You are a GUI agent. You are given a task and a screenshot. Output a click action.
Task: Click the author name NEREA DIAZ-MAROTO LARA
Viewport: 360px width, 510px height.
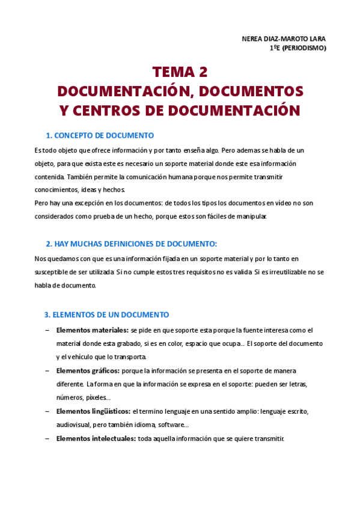pyautogui.click(x=283, y=39)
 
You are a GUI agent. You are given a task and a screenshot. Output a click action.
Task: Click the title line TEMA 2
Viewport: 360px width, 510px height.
pyautogui.click(x=180, y=72)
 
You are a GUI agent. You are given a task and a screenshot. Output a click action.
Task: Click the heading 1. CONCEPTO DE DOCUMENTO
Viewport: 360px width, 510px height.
pyautogui.click(x=100, y=135)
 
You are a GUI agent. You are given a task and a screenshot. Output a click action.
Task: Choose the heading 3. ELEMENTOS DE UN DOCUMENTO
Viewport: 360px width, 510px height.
pyautogui.click(x=106, y=315)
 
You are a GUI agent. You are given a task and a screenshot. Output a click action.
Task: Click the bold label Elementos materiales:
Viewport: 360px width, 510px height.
pyautogui.click(x=92, y=330)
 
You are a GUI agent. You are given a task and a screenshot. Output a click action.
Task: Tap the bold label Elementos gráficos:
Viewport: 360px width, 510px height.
pyautogui.click(x=88, y=371)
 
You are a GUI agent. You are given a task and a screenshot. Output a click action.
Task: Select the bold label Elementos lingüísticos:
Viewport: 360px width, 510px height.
pyautogui.click(x=93, y=411)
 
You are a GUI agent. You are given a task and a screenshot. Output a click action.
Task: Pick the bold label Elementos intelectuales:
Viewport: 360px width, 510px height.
pyautogui.click(x=96, y=439)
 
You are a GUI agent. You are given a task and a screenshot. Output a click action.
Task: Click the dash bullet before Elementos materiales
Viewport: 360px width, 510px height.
pyautogui.click(x=47, y=330)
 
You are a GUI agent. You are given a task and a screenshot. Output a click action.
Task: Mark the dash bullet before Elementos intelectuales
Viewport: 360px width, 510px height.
pyautogui.click(x=47, y=439)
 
